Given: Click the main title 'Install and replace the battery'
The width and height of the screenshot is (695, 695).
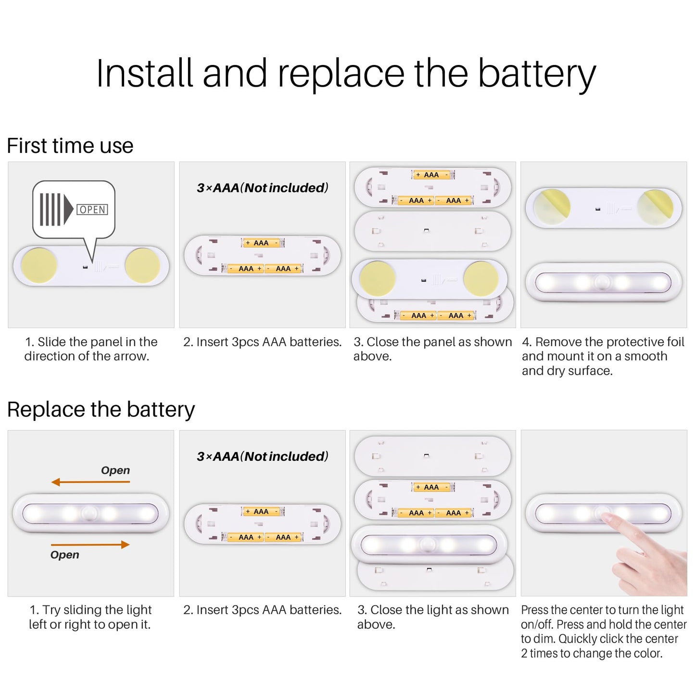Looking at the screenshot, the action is point(346,74).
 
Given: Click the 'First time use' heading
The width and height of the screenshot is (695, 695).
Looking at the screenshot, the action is point(70,146).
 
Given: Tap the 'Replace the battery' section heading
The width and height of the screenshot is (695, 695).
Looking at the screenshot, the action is point(101,410).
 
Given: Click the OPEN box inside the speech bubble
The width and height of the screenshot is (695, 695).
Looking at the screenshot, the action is point(92,210).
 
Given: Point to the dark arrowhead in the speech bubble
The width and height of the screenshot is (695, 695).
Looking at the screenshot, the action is point(68,210).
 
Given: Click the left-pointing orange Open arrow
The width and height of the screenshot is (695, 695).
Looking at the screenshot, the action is point(90,481).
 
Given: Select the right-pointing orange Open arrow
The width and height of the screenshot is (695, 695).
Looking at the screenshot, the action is point(90,544).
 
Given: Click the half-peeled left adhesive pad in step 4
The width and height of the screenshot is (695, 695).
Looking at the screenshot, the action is point(552,207).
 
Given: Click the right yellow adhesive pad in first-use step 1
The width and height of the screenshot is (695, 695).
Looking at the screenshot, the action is point(142,265).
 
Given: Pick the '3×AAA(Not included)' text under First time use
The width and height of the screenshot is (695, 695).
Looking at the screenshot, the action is point(262,188).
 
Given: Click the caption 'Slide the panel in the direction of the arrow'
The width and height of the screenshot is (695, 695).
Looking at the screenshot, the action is point(91,349).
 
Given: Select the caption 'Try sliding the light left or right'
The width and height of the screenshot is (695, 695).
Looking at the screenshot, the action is point(90,617).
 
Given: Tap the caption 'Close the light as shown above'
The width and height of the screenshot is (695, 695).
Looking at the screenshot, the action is point(433,617).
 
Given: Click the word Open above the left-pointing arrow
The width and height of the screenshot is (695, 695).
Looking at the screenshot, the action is point(115,470).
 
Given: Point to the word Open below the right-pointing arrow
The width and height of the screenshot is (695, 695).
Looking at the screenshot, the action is point(65,555).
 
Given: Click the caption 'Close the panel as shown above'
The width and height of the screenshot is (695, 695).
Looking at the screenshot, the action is point(432,349).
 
